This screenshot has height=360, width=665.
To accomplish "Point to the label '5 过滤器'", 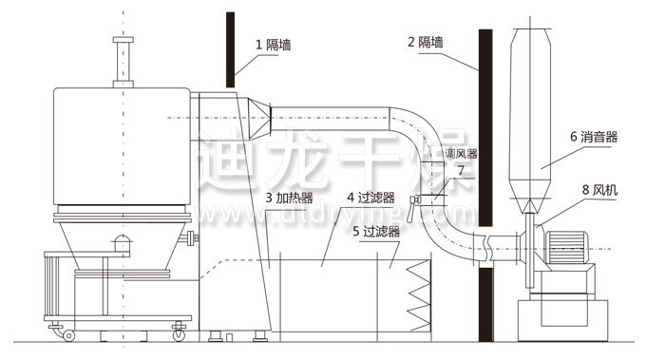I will [373, 230].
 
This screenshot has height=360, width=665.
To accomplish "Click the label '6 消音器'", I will [594, 137].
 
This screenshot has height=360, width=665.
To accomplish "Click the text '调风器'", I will [462, 152].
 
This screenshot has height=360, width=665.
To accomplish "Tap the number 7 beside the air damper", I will [461, 170].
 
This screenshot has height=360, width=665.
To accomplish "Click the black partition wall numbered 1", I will [229, 47].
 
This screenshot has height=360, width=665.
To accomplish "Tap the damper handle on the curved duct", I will [416, 199].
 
